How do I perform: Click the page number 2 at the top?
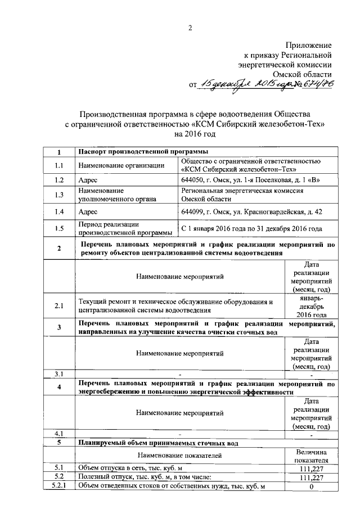click(x=190, y=28)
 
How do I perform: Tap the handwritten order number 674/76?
click(x=313, y=84)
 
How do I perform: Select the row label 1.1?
click(x=59, y=165)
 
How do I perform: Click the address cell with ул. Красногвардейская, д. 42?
click(x=251, y=212)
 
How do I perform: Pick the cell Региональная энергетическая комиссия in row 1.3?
click(x=242, y=191)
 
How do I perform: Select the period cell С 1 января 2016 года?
click(x=251, y=229)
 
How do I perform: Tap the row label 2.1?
click(x=59, y=305)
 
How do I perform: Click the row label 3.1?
click(x=59, y=374)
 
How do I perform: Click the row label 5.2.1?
click(x=59, y=486)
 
